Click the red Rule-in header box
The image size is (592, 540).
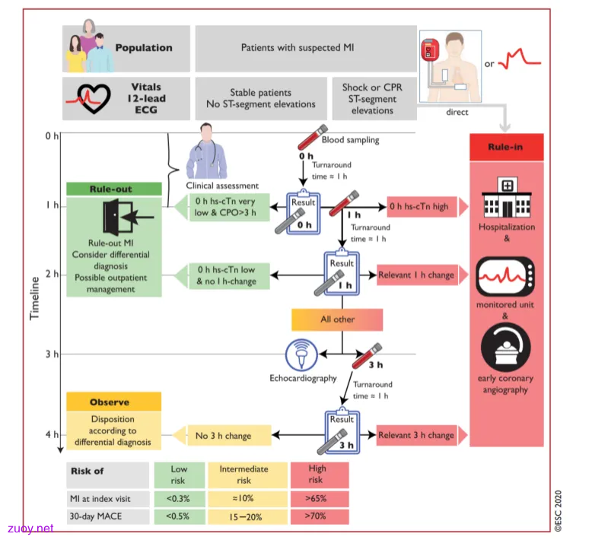(506, 147)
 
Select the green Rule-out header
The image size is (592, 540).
(114, 189)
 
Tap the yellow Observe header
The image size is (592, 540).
(113, 402)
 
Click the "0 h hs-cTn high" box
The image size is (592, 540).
(422, 206)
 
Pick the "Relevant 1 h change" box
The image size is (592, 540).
(417, 275)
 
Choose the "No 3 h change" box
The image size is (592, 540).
(229, 436)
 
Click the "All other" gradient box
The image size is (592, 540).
(337, 319)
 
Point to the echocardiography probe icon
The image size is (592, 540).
(301, 354)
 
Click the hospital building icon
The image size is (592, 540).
(507, 197)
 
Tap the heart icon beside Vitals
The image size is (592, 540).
(93, 98)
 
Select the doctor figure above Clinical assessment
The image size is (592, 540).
(206, 151)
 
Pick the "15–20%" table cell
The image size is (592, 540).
(247, 516)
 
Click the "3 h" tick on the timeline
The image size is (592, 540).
(52, 354)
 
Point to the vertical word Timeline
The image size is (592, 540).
(35, 298)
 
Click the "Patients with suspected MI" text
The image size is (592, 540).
(298, 48)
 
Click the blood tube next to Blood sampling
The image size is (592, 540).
(313, 138)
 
